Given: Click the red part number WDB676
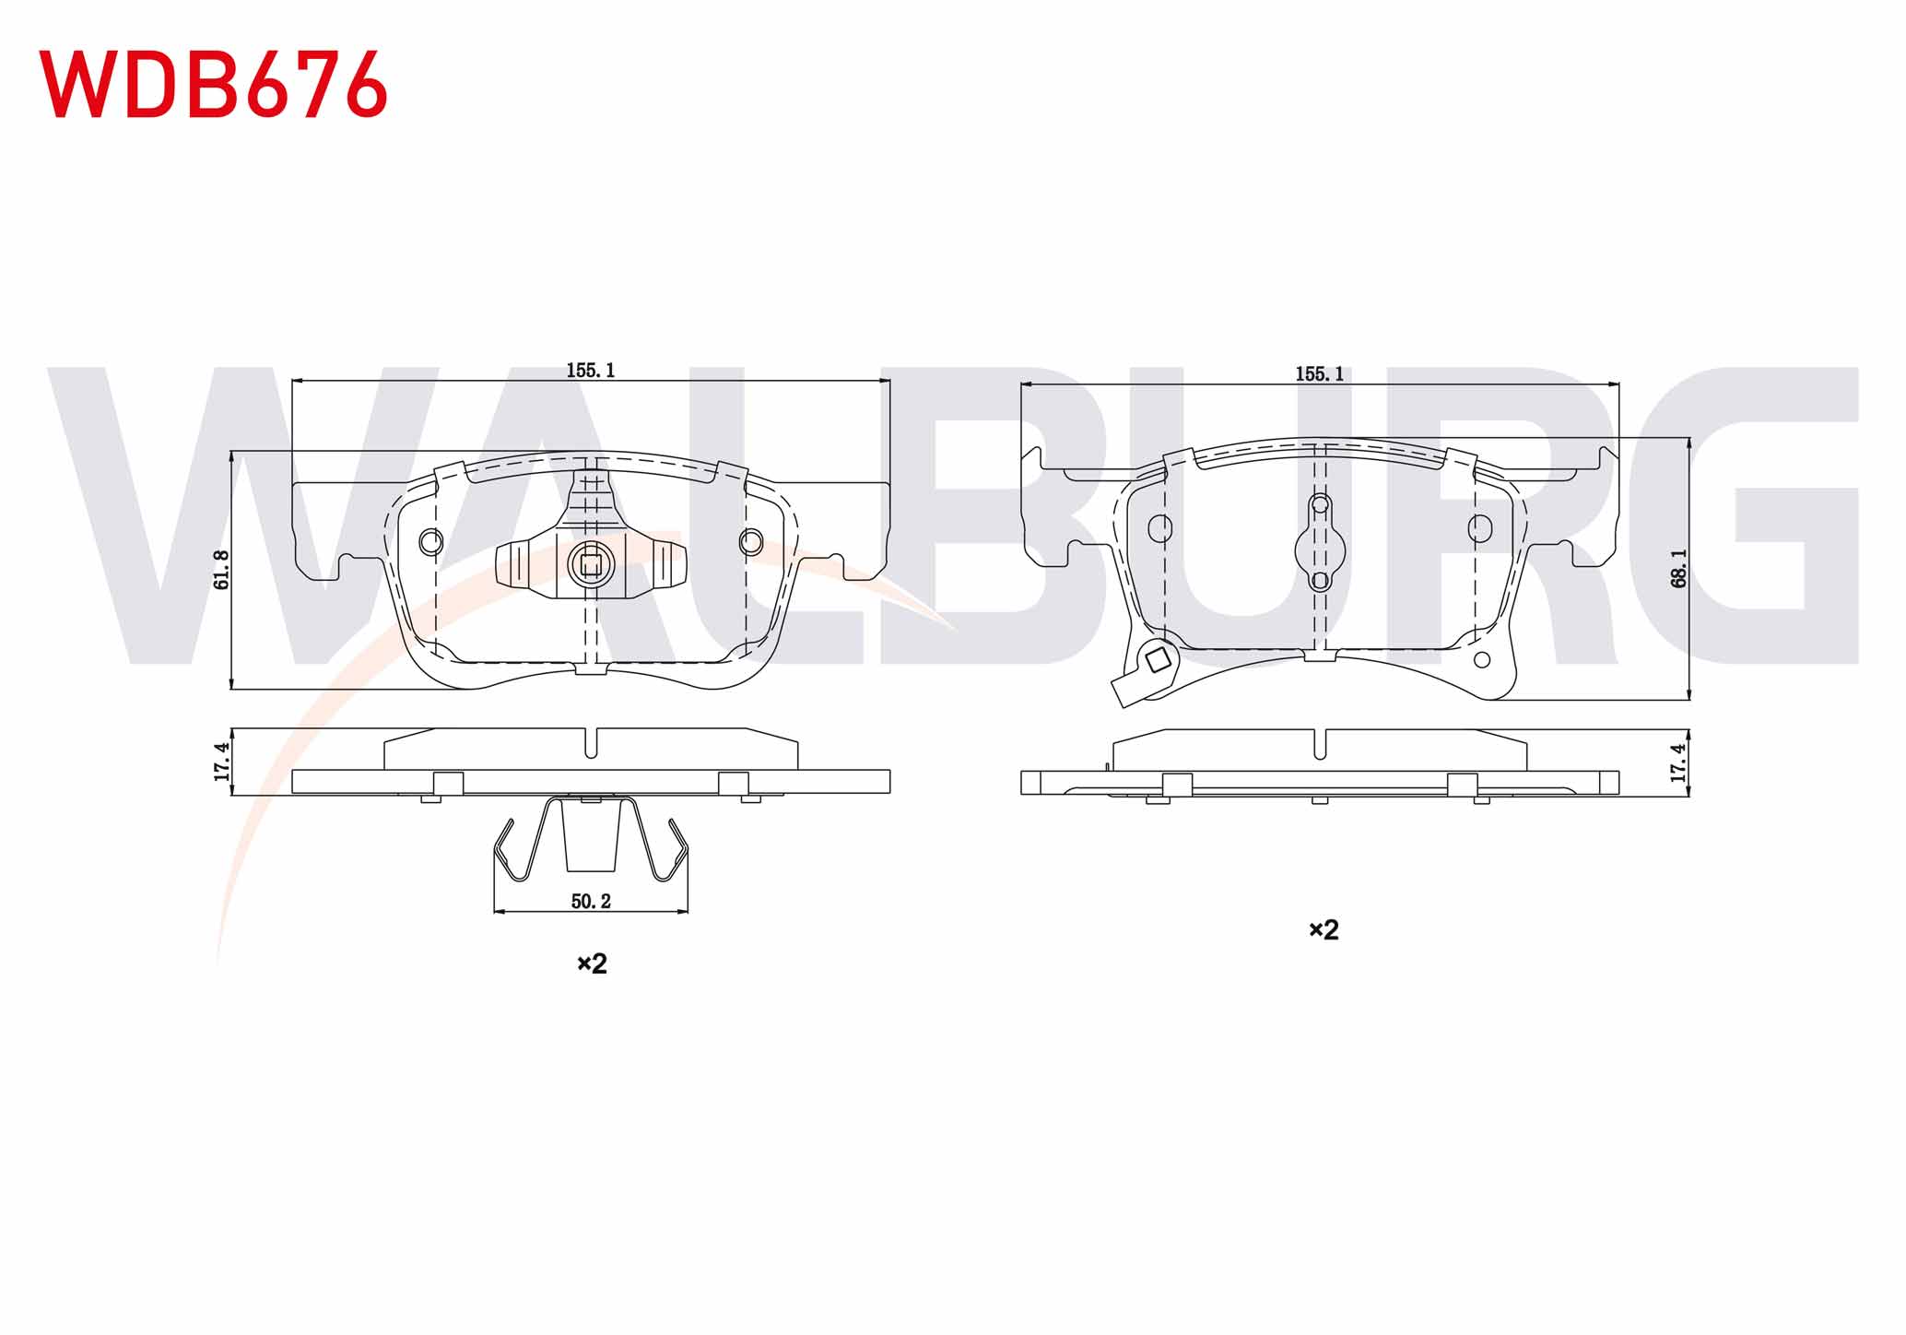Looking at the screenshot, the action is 213,84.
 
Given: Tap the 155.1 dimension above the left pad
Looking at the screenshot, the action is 590,371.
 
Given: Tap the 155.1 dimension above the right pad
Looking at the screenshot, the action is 1319,374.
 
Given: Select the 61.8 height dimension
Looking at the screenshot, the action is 221,570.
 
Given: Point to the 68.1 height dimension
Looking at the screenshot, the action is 1678,568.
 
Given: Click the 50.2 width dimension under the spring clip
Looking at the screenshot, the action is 591,902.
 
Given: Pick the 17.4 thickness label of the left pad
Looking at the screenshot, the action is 221,762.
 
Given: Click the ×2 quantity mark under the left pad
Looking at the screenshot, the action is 592,964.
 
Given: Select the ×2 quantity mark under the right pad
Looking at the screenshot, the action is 1324,930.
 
